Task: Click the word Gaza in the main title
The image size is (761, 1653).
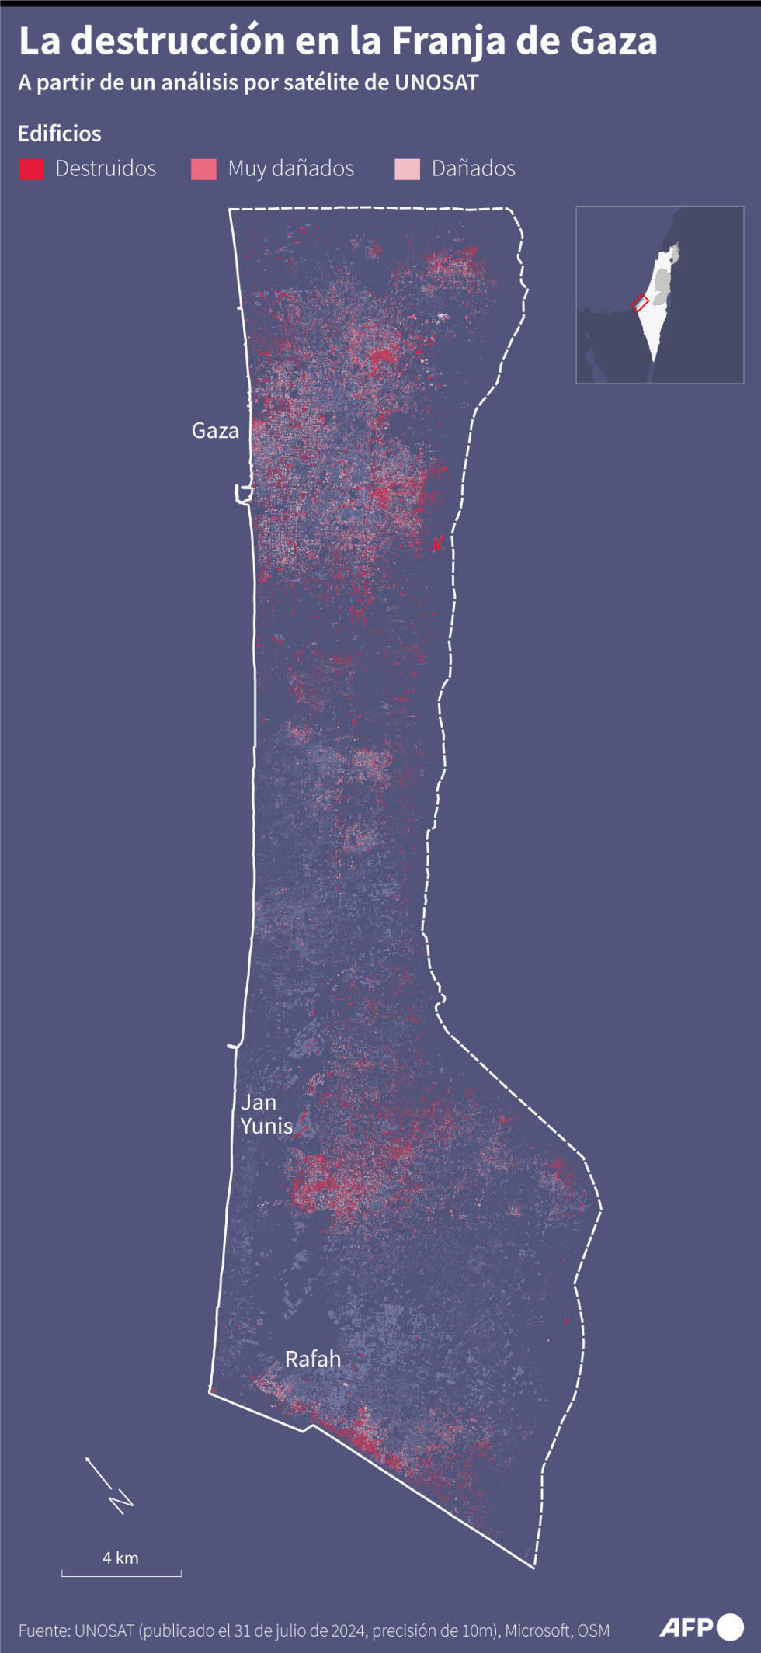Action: pyautogui.click(x=613, y=40)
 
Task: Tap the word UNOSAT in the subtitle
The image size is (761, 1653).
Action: pyautogui.click(x=436, y=82)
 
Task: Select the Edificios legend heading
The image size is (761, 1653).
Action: pyautogui.click(x=60, y=134)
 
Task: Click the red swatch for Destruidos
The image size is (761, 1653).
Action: pyautogui.click(x=31, y=169)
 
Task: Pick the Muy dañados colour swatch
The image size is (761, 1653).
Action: pyautogui.click(x=203, y=169)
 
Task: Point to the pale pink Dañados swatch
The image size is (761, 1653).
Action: pyautogui.click(x=407, y=169)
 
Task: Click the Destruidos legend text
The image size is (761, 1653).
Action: pyautogui.click(x=106, y=168)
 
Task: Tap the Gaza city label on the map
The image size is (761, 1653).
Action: pyautogui.click(x=215, y=431)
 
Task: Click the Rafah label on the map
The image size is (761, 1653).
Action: pyautogui.click(x=313, y=1359)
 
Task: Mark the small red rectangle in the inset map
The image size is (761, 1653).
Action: pyautogui.click(x=640, y=304)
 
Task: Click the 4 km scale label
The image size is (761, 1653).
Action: pyautogui.click(x=120, y=1558)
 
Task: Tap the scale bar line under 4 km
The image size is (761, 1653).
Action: pyautogui.click(x=121, y=1575)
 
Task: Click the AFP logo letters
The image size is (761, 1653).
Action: pyautogui.click(x=686, y=1627)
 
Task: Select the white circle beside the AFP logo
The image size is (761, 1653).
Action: pyautogui.click(x=730, y=1627)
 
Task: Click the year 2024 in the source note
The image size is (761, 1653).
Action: pyautogui.click(x=348, y=1630)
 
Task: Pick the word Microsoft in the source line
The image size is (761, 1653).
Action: pyautogui.click(x=538, y=1630)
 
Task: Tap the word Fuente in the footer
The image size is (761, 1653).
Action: pyautogui.click(x=43, y=1630)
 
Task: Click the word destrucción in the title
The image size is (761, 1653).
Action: pyautogui.click(x=178, y=40)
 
